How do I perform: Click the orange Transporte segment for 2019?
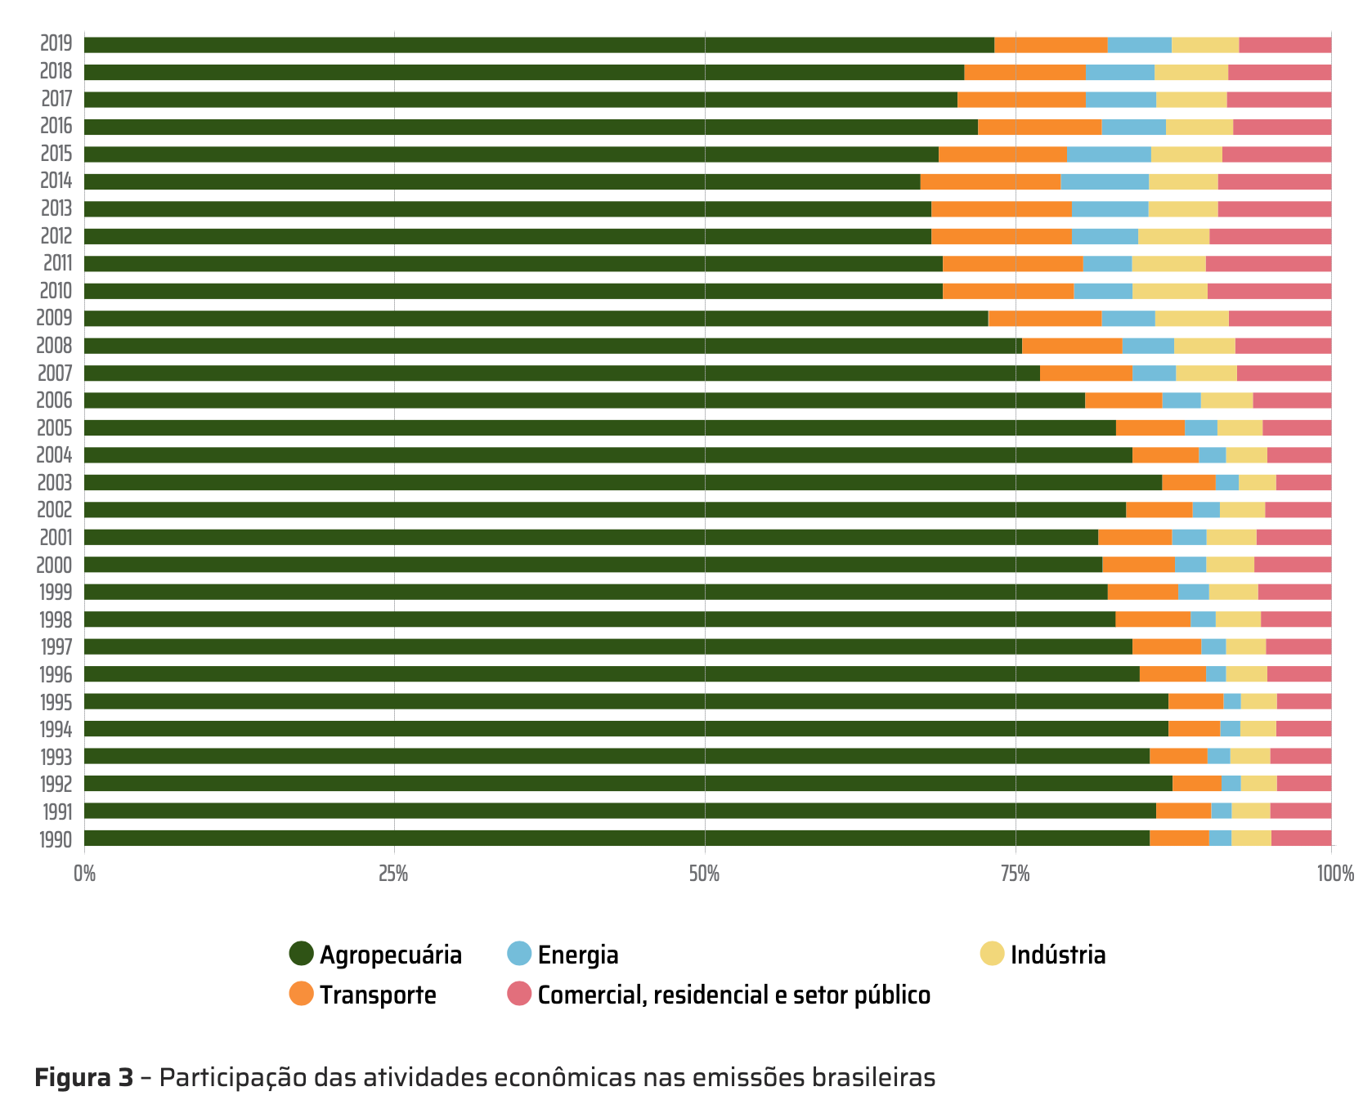click(1051, 45)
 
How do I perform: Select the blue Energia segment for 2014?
click(1104, 181)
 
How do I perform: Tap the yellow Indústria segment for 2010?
click(1169, 291)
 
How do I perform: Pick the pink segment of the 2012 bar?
click(1270, 236)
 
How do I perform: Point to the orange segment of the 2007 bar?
click(1086, 373)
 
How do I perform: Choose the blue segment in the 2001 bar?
click(1189, 537)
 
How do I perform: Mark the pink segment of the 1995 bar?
click(1303, 701)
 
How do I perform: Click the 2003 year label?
click(55, 483)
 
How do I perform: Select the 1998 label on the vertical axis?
click(56, 619)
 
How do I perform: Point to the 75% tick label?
click(1016, 874)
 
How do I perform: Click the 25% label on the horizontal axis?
click(393, 874)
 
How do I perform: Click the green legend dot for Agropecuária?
click(302, 954)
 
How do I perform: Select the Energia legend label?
click(578, 955)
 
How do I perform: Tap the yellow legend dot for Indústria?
click(992, 954)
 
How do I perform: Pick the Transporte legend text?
click(378, 995)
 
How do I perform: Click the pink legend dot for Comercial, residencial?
click(519, 994)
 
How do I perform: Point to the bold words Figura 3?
click(83, 1078)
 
